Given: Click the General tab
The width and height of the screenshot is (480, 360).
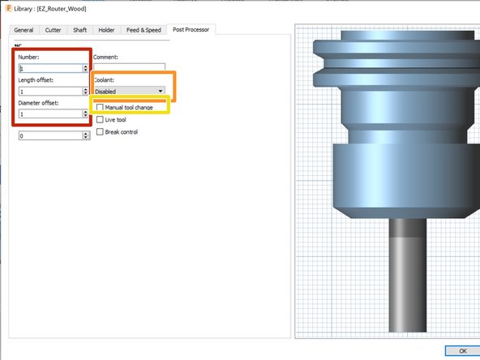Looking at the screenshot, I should pyautogui.click(x=23, y=30).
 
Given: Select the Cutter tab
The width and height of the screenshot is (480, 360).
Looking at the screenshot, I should pyautogui.click(x=54, y=30).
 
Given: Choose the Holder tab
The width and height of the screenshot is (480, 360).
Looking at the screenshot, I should pyautogui.click(x=106, y=30).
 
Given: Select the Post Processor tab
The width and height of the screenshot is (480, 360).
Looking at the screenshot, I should pyautogui.click(x=190, y=30).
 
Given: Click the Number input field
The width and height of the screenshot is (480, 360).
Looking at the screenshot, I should pyautogui.click(x=49, y=69).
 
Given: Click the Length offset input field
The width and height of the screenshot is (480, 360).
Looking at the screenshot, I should pyautogui.click(x=49, y=92).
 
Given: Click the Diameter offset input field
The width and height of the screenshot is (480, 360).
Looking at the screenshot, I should pyautogui.click(x=49, y=114).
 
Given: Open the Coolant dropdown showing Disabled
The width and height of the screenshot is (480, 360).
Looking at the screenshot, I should pyautogui.click(x=129, y=92).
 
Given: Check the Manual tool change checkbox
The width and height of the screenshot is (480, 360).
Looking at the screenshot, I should pyautogui.click(x=100, y=107).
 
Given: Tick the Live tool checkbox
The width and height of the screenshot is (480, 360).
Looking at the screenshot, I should pyautogui.click(x=100, y=119).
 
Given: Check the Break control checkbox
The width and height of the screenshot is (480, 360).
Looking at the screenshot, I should pyautogui.click(x=100, y=131).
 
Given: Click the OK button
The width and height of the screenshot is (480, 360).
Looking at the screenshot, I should pyautogui.click(x=461, y=350).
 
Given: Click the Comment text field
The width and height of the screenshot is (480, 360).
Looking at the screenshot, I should pyautogui.click(x=129, y=69).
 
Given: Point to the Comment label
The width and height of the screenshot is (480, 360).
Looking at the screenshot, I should pyautogui.click(x=106, y=58).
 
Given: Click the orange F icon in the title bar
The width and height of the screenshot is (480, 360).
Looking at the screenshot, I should pyautogui.click(x=8, y=7).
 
